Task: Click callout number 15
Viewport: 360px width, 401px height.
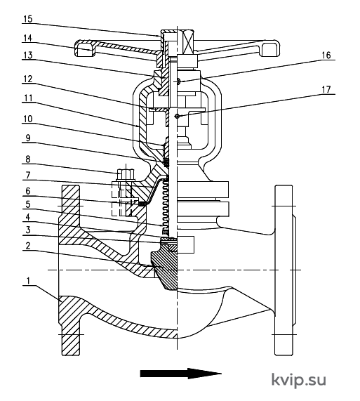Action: click(x=28, y=19)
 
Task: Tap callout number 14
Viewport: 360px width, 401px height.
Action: click(x=28, y=38)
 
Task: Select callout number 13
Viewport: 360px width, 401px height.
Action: click(x=28, y=55)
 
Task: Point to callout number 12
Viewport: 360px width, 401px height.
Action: click(x=28, y=79)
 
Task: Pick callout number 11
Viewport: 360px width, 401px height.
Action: click(x=28, y=98)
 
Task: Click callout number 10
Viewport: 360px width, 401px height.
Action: click(x=28, y=119)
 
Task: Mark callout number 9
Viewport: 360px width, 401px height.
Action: click(x=28, y=138)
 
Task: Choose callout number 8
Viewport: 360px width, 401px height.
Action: click(x=28, y=159)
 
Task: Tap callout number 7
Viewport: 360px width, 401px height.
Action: click(x=28, y=176)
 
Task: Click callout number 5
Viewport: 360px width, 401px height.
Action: click(x=28, y=204)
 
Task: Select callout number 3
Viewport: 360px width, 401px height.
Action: click(x=28, y=230)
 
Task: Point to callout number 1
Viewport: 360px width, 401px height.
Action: click(x=28, y=281)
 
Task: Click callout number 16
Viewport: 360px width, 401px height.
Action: click(x=326, y=55)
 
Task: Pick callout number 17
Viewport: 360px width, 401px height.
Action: click(x=326, y=90)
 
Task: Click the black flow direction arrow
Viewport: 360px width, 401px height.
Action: click(x=180, y=374)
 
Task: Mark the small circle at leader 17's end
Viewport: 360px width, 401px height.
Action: click(x=177, y=117)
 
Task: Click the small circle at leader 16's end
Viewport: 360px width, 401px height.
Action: click(x=179, y=81)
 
